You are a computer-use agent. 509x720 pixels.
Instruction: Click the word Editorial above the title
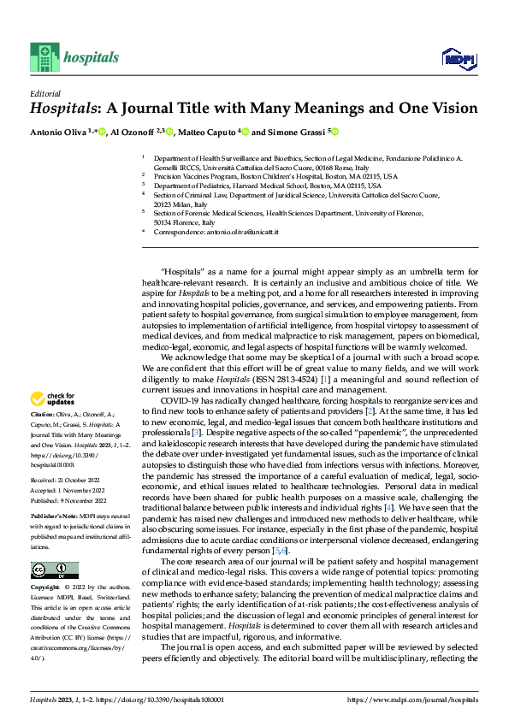[44, 94]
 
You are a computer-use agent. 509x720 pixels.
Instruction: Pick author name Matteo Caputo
[208, 132]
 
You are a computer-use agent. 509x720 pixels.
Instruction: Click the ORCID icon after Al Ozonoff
[171, 132]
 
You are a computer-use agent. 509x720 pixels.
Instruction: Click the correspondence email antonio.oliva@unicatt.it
[254, 232]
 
